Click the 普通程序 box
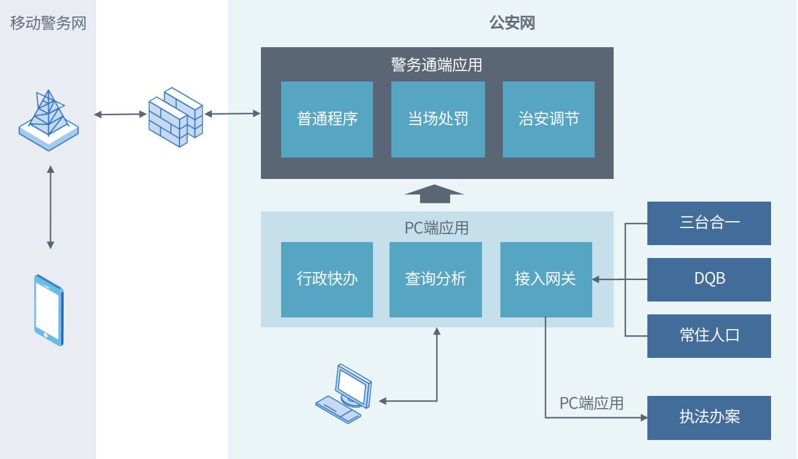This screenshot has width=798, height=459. point(327,119)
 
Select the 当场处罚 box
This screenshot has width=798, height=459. point(438,119)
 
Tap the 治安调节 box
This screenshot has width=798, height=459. point(549,119)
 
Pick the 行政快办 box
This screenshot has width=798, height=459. point(327,279)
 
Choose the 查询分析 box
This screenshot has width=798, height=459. point(435,279)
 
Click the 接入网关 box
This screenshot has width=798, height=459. point(546,279)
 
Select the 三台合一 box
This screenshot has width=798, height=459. point(709,223)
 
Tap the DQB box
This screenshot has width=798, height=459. point(709,279)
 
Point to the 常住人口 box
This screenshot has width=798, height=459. point(709,336)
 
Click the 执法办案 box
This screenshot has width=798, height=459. point(709,417)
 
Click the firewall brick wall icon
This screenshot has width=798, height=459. point(176,116)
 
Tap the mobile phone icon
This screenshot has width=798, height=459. point(49,311)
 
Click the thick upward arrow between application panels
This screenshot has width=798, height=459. point(434,194)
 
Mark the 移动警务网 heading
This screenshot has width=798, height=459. point(48,24)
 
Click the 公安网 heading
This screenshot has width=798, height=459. point(513,24)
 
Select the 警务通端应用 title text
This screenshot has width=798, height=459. point(437,64)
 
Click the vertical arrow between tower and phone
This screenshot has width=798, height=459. point(50,207)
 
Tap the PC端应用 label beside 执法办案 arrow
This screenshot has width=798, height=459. point(592,403)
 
